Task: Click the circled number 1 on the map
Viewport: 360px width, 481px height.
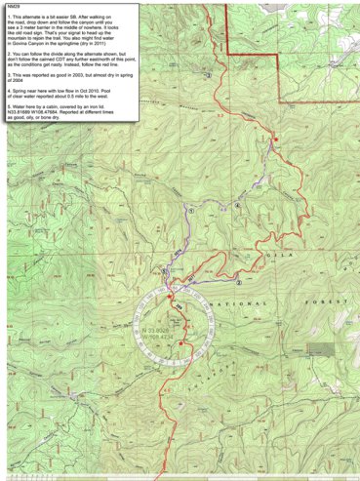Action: [192, 210]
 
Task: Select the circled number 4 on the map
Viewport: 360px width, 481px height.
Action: [237, 206]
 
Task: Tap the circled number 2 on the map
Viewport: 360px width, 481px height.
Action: [239, 284]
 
